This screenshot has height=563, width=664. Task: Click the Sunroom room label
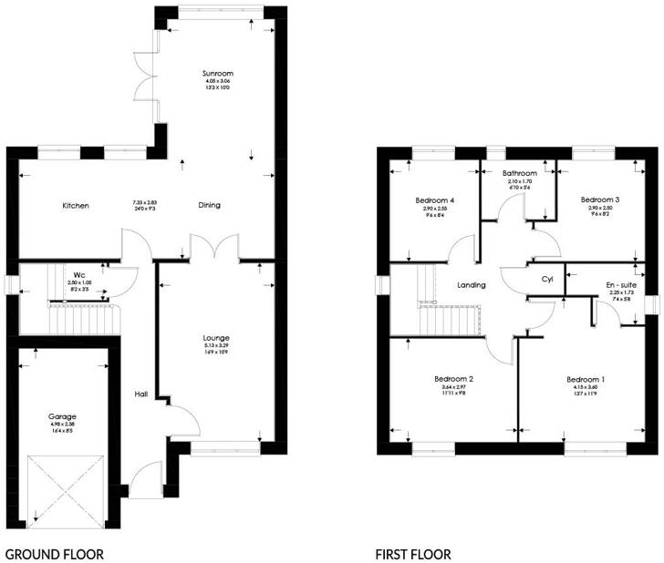point(218,72)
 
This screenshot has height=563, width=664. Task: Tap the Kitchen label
point(76,206)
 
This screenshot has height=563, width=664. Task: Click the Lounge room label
point(218,337)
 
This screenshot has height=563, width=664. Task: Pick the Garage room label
point(63,415)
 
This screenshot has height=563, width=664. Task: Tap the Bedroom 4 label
point(434,200)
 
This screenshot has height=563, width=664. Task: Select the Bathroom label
point(519,172)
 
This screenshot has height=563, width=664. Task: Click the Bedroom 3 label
point(600,199)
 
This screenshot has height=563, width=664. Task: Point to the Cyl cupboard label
point(547,279)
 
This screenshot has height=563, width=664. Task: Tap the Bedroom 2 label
point(453,378)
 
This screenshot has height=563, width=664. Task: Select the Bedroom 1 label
point(586,379)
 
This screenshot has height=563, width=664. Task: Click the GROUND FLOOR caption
point(55,553)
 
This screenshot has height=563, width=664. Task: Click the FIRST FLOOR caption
point(413,553)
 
